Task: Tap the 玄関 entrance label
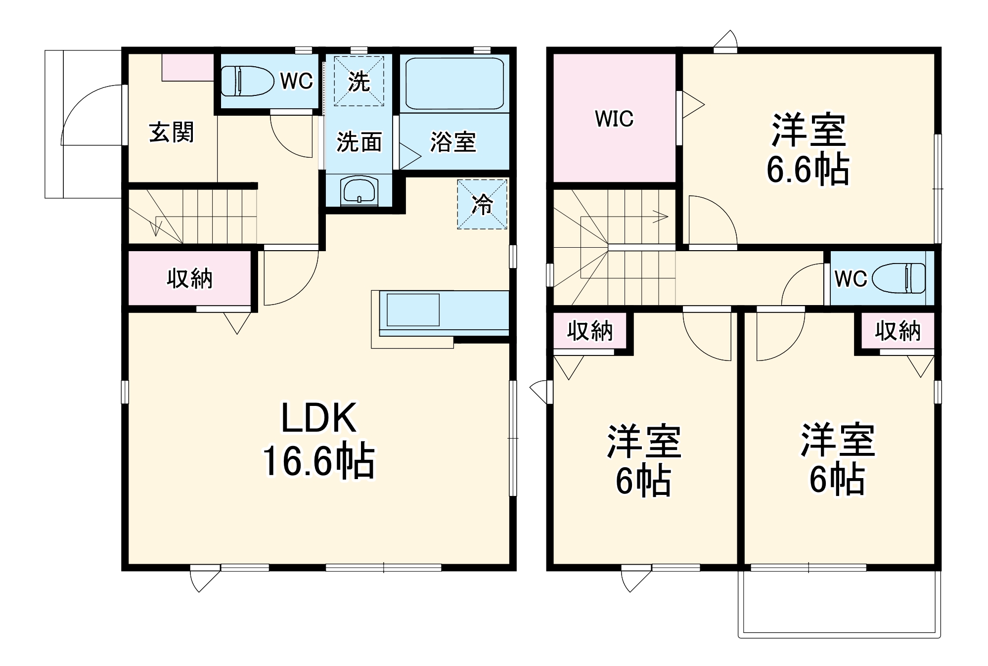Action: pos(171,132)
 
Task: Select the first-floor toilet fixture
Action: pos(247,81)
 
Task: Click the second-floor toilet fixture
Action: pos(899,278)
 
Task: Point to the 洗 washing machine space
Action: pos(359,81)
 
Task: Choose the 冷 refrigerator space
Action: pos(482,204)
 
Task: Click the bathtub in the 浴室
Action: pos(454,84)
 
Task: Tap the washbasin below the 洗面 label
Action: pos(359,190)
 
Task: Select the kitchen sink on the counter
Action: pos(413,310)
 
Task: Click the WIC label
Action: pos(614,119)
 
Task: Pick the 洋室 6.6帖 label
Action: pos(808,149)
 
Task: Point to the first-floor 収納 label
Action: pos(189,278)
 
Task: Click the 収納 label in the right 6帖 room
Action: pos(898,331)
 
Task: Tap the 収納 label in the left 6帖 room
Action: pos(589,331)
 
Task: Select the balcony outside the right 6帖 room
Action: pos(839,603)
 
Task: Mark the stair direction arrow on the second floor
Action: pos(660,217)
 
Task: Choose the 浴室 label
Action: pos(453,142)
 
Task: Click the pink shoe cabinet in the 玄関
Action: pos(187,67)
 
